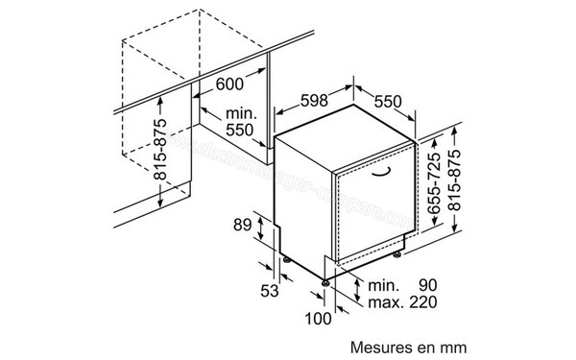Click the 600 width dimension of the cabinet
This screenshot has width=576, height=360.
(x=229, y=84)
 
